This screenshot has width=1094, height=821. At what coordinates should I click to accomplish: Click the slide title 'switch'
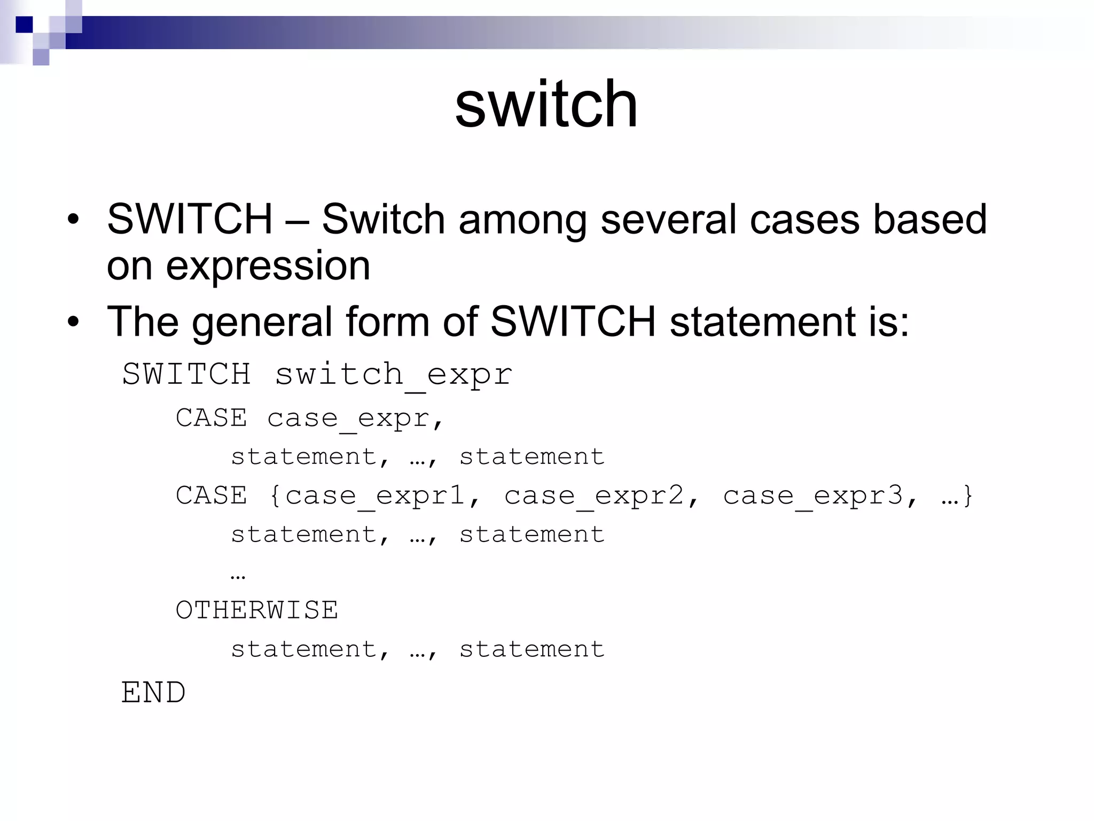[546, 104]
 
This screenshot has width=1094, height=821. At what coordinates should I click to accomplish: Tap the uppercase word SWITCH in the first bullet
[190, 219]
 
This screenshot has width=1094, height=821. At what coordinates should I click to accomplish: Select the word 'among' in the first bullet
[522, 219]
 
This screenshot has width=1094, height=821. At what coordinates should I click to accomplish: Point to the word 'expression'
[268, 266]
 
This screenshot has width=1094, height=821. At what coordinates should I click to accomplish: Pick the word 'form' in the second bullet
[387, 321]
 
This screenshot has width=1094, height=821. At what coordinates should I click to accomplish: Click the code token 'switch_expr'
[394, 375]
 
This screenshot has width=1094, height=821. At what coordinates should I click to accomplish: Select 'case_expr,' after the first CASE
[355, 419]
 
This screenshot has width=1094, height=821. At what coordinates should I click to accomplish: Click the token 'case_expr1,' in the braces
[382, 496]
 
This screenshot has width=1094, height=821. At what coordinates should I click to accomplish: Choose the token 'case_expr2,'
[601, 496]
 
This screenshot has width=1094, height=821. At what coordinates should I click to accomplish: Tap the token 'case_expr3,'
[820, 496]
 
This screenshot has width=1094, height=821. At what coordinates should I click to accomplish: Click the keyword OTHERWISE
[256, 610]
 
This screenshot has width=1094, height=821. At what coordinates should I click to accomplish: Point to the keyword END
[153, 693]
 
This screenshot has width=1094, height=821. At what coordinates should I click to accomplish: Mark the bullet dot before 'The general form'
[73, 322]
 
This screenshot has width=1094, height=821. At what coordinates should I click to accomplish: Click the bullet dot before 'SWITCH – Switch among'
[73, 220]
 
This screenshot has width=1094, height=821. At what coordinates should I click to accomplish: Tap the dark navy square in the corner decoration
[24, 25]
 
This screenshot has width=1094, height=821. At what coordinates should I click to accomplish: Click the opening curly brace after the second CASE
[275, 496]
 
